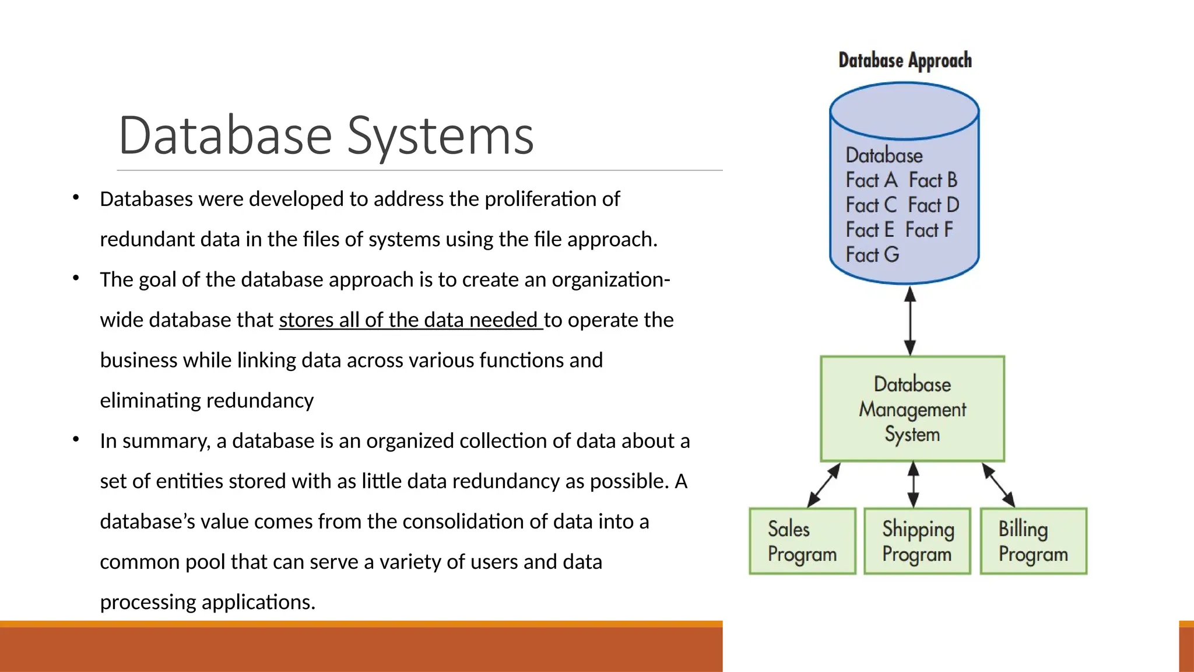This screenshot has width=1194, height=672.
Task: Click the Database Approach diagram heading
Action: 905,61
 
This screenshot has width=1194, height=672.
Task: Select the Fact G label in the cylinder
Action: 872,255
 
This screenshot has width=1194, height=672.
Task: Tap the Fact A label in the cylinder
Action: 871,180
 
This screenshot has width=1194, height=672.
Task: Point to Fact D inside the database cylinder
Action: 933,205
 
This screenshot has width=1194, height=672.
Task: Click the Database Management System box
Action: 912,409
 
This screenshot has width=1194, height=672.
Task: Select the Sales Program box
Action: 802,541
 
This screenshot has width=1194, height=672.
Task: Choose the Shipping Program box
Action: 917,541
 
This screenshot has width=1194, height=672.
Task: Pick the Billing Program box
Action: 1033,541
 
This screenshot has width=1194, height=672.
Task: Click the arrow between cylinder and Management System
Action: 910,320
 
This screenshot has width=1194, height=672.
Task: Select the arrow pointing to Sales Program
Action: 824,485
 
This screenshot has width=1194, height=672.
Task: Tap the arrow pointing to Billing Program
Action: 999,485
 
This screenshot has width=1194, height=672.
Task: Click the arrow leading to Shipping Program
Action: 914,484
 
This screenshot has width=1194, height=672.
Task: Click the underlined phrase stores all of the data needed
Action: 410,320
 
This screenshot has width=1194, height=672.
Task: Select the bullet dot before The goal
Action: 76,278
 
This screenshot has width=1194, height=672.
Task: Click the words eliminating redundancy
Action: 206,401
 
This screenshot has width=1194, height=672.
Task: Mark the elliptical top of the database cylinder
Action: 904,111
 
